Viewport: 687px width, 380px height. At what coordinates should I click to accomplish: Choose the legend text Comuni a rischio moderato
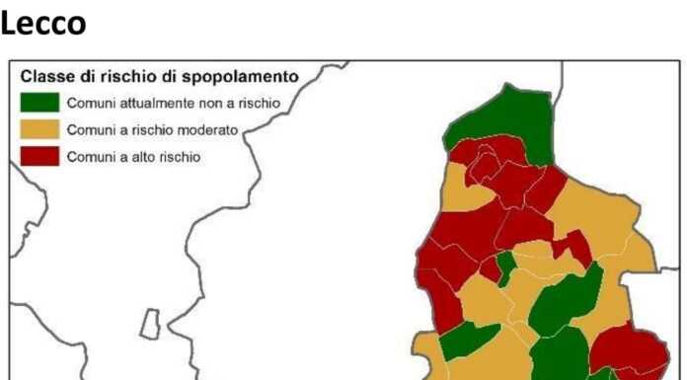[x=145, y=129]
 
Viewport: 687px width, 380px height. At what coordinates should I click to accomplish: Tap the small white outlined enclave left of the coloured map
[x=149, y=324]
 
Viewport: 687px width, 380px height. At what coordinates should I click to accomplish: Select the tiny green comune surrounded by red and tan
[x=504, y=266]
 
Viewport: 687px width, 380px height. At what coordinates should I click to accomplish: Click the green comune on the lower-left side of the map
[x=467, y=342]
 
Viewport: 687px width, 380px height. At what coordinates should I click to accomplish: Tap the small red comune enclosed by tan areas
[x=572, y=247]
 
